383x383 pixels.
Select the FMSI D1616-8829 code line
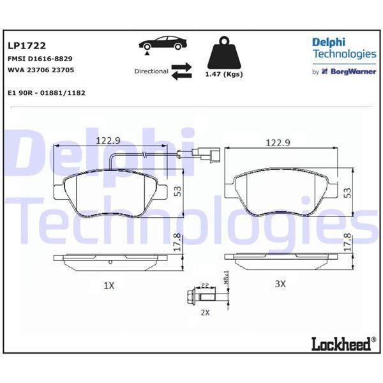pyautogui.click(x=39, y=58)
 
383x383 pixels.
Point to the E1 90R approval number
pyautogui.click(x=47, y=93)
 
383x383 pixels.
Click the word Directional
pyautogui.click(x=151, y=71)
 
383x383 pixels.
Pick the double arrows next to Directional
pyautogui.click(x=181, y=71)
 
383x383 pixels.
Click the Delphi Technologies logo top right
pyautogui.click(x=343, y=48)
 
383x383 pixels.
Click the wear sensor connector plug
pyautogui.click(x=207, y=153)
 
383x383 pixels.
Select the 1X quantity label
pyautogui.click(x=109, y=285)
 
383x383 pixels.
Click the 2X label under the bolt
pyautogui.click(x=204, y=313)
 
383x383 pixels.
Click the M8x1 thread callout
pyautogui.click(x=226, y=280)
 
